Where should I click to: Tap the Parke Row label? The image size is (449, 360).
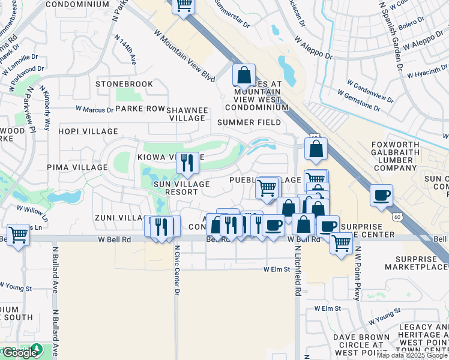[x=140, y=109]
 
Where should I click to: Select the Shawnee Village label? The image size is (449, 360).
[x=187, y=114]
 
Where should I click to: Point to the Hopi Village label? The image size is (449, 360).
[x=88, y=131]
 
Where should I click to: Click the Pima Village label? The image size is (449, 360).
[x=80, y=167]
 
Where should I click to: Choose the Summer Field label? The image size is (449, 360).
[x=249, y=122]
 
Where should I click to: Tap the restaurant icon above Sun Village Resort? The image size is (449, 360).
[x=187, y=161]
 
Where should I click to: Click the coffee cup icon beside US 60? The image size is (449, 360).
[x=381, y=195]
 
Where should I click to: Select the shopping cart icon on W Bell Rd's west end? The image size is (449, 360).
[x=18, y=235]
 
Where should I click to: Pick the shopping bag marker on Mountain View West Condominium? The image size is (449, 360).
[x=244, y=76]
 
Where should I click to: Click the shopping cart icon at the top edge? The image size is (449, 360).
[x=184, y=5]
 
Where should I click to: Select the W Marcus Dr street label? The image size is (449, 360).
[x=94, y=110]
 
